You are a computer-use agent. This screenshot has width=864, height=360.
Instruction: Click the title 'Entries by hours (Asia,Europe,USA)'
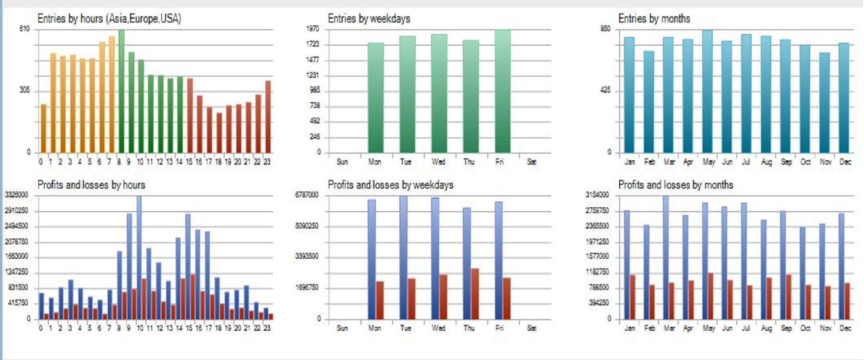point(109,19)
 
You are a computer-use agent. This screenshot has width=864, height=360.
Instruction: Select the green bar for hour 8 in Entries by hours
point(121,91)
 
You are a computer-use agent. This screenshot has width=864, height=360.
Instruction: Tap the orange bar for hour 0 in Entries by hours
point(43,128)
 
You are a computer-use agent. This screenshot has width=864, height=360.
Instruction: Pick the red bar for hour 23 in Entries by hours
point(268,117)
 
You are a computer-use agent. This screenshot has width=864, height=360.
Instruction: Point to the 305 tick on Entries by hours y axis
point(24,90)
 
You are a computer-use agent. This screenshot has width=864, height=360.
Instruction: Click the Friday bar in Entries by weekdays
point(503,91)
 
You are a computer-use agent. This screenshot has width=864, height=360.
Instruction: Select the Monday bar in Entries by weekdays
point(375,97)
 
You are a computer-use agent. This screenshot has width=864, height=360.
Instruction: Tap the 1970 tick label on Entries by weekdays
point(312,29)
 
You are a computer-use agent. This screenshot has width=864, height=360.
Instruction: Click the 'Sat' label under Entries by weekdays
point(531,162)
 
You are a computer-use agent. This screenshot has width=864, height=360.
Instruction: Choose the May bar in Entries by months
point(707,91)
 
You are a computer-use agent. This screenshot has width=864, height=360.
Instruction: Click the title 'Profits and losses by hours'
point(91,185)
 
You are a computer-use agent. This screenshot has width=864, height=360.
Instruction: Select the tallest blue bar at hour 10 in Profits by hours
point(139,257)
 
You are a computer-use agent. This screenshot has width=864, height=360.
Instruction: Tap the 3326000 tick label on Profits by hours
point(16,195)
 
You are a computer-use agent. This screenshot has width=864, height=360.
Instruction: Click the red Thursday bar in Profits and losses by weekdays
point(475,294)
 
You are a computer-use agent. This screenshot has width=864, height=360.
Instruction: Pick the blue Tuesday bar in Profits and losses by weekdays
point(403,257)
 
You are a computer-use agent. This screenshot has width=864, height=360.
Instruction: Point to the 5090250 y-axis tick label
point(306,226)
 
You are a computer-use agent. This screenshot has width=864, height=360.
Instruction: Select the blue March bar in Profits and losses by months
point(666,257)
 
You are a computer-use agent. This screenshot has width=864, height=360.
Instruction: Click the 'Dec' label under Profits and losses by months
point(845,328)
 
